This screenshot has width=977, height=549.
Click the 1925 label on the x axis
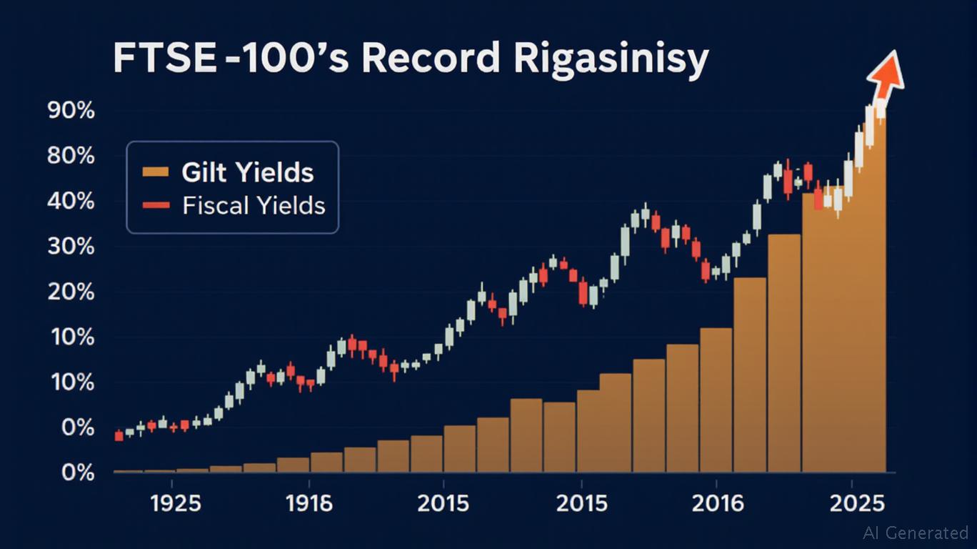(176, 503)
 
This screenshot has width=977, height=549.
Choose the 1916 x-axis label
(309, 503)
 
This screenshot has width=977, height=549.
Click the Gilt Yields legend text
(247, 172)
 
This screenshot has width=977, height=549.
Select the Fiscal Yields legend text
(254, 206)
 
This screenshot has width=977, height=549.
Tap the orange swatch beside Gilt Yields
(155, 172)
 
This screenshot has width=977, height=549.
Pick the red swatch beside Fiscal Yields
(155, 206)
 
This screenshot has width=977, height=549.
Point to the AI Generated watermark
(915, 533)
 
